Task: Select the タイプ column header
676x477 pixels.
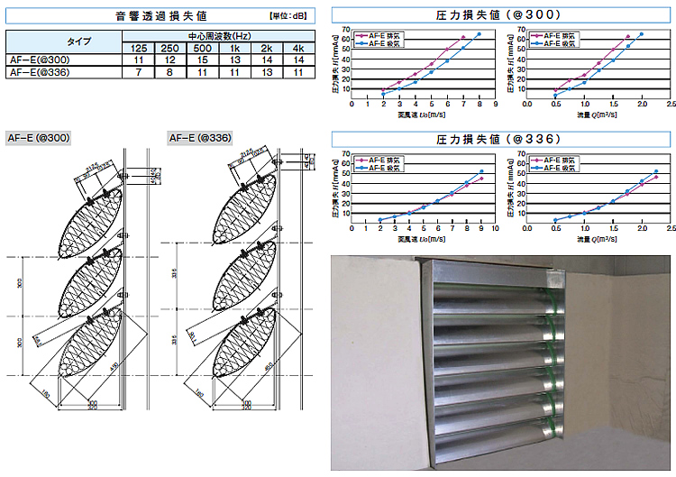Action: (64, 41)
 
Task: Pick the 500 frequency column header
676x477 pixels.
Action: (203, 48)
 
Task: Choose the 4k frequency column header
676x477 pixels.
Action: (298, 48)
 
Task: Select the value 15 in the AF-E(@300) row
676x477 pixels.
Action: (203, 60)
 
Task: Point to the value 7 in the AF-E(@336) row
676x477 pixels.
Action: (139, 72)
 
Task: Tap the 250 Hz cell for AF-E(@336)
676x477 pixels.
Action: (170, 72)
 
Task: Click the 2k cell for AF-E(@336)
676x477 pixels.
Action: (267, 72)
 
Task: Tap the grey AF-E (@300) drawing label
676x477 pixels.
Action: (39, 137)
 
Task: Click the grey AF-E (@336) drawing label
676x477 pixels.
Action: (200, 137)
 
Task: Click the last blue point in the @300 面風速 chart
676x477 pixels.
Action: (479, 34)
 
